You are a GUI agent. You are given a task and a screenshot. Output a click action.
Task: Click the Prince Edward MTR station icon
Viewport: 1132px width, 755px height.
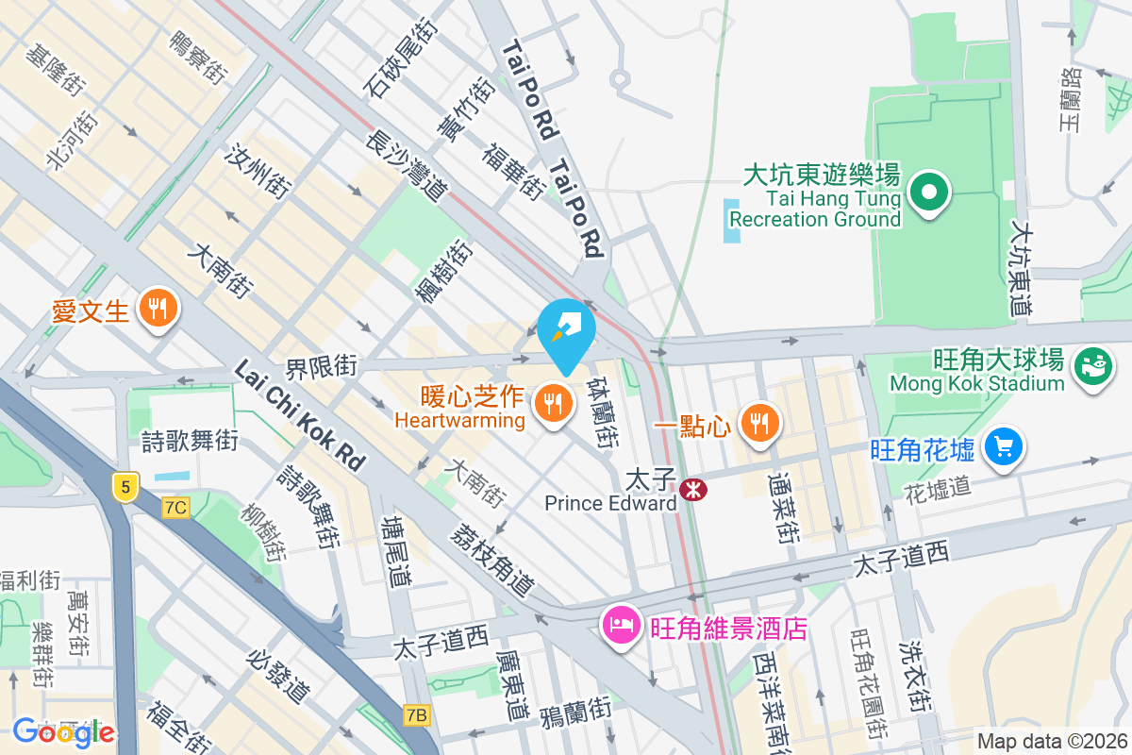693,489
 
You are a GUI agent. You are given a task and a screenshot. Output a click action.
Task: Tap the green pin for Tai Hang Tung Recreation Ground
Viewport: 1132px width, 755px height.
928,193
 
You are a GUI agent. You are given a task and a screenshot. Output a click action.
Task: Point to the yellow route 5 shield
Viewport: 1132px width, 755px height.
125,486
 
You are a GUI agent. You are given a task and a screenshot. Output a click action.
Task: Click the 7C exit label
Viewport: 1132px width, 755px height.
175,508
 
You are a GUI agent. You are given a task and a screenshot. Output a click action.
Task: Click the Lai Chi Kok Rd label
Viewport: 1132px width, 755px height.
299,415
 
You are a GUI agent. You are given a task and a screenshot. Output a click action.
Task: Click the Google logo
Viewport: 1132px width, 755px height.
63,730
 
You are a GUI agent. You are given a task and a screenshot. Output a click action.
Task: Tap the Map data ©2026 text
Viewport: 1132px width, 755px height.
1051,741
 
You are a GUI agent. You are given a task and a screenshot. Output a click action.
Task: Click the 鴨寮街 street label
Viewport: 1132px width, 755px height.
197,58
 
